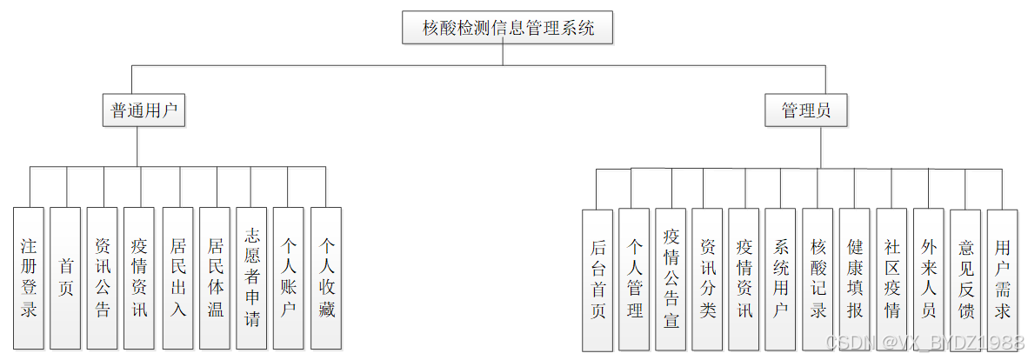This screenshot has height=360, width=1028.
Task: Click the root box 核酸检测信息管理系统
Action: tap(508, 27)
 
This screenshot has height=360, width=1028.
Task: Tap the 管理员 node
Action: tap(805, 110)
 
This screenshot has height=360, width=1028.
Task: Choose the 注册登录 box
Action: tap(29, 277)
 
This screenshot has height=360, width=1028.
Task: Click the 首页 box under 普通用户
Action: tap(66, 277)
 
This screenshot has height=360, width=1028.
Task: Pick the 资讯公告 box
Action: tap(103, 277)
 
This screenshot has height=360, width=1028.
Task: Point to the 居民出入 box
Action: tap(177, 277)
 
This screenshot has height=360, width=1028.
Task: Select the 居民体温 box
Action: tap(215, 277)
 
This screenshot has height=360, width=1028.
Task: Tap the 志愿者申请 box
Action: tap(251, 277)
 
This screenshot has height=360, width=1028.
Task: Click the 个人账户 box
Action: tap(289, 277)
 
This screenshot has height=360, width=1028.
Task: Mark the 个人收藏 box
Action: tap(326, 277)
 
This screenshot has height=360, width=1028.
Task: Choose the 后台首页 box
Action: tap(597, 279)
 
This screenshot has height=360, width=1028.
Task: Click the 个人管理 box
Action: tap(634, 279)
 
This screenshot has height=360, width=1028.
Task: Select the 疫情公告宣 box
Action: tap(671, 279)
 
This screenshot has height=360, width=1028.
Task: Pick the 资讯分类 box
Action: tap(708, 279)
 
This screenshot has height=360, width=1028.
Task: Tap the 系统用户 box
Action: tap(781, 279)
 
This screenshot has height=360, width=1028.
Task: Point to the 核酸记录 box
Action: tap(818, 279)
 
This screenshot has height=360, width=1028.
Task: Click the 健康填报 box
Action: tap(855, 279)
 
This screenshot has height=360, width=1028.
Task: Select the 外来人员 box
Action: tap(929, 279)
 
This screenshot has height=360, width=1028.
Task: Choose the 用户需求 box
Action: tap(1002, 279)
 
